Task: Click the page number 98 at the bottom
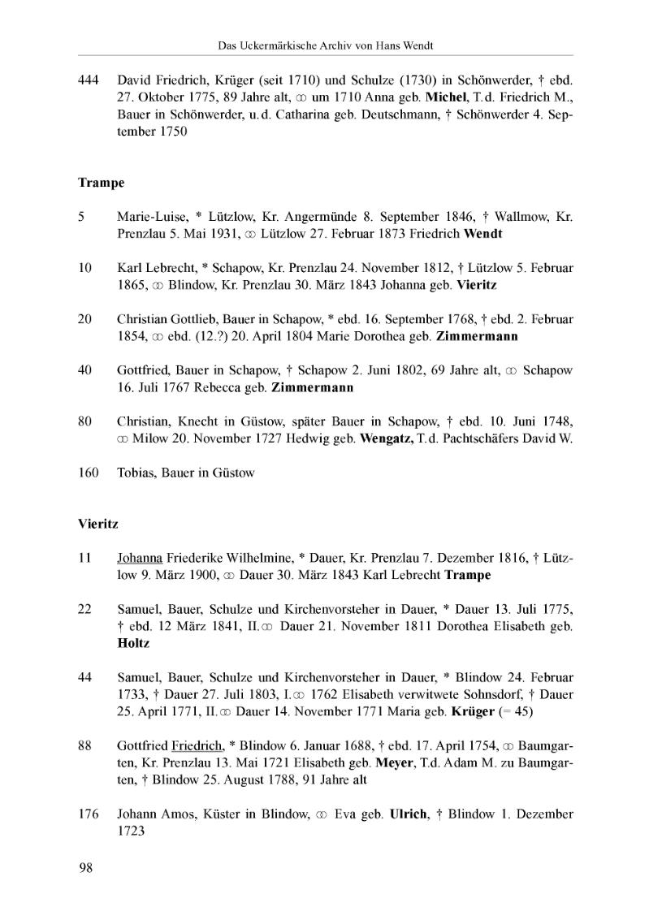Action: point(85,869)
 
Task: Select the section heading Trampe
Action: point(101,183)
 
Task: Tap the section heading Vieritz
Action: point(98,525)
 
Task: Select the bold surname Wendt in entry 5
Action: point(483,234)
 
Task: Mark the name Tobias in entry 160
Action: point(136,473)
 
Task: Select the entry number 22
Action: point(85,609)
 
